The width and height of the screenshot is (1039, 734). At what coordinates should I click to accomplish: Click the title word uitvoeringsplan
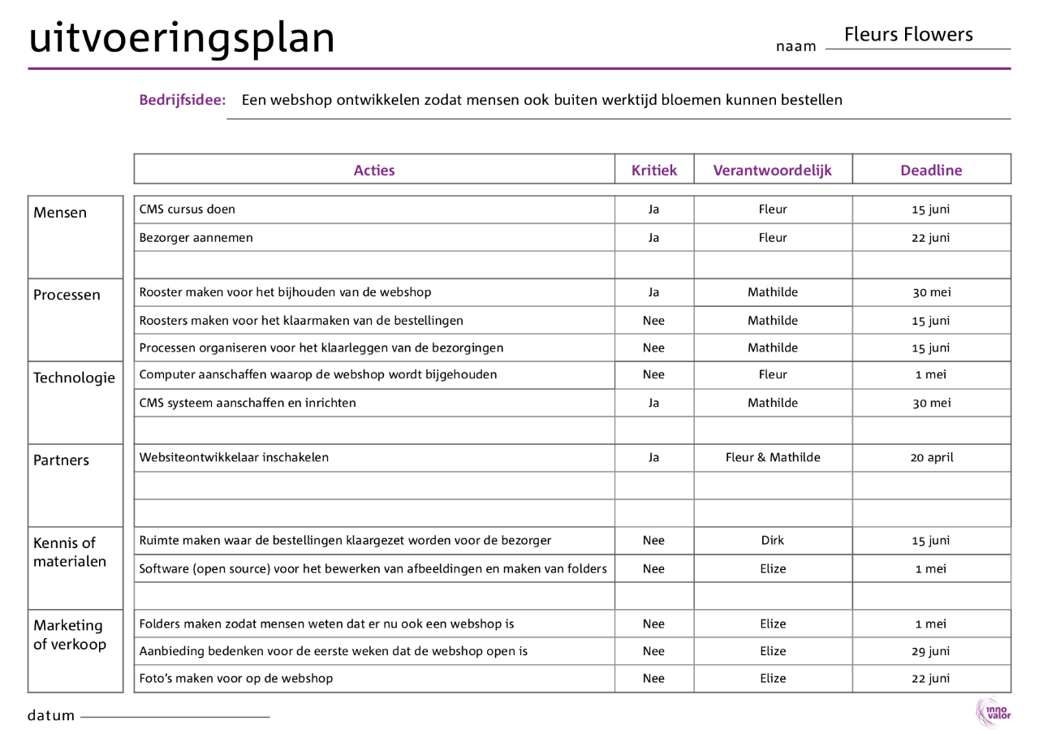pyautogui.click(x=182, y=38)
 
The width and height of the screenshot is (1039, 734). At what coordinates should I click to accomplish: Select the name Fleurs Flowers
pyautogui.click(x=908, y=34)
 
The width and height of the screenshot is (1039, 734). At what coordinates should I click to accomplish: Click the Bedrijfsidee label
pyautogui.click(x=183, y=101)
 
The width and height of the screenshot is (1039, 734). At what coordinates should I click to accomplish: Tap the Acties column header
pyautogui.click(x=374, y=171)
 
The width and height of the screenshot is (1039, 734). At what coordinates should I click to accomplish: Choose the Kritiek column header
pyautogui.click(x=653, y=171)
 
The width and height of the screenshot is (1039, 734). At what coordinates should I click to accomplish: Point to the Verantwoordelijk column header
pyautogui.click(x=772, y=171)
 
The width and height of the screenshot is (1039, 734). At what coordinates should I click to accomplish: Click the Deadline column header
pyautogui.click(x=931, y=171)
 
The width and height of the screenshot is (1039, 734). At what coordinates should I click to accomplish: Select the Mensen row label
pyautogui.click(x=60, y=213)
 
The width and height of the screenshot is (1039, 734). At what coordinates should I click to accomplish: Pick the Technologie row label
pyautogui.click(x=74, y=378)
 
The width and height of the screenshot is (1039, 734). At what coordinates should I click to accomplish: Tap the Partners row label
pyautogui.click(x=61, y=460)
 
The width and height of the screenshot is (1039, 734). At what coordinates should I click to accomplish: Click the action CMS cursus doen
pyautogui.click(x=188, y=209)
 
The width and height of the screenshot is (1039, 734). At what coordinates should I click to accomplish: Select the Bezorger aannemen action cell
pyautogui.click(x=196, y=238)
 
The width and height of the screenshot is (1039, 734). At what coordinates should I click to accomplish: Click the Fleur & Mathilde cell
pyautogui.click(x=773, y=457)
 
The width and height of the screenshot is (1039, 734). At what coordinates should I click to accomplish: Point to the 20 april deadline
pyautogui.click(x=931, y=457)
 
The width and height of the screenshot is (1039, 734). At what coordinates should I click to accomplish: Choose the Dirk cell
pyautogui.click(x=773, y=541)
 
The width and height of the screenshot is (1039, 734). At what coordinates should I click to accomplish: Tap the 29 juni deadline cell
pyautogui.click(x=931, y=651)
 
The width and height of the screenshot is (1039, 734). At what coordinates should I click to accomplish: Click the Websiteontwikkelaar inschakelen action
pyautogui.click(x=235, y=457)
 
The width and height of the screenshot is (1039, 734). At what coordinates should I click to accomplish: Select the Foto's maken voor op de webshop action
pyautogui.click(x=236, y=678)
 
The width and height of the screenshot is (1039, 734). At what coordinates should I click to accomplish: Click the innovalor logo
pyautogui.click(x=993, y=712)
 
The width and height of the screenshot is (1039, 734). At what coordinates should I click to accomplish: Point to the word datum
pyautogui.click(x=51, y=716)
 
